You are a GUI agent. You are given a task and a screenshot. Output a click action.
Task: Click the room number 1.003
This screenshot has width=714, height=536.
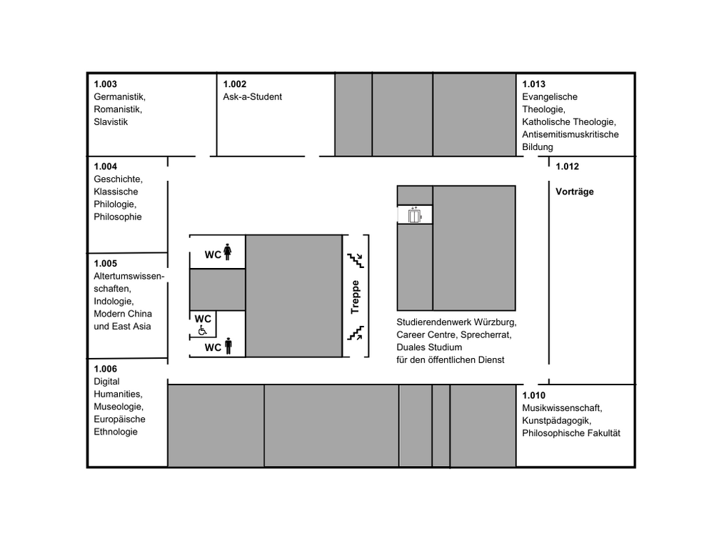point(105,84)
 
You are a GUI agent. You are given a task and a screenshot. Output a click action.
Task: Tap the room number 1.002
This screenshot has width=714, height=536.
point(234,84)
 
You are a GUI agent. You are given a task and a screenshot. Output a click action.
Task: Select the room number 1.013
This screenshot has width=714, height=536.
point(534,84)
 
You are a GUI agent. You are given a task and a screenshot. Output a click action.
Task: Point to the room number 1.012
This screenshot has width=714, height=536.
point(568,167)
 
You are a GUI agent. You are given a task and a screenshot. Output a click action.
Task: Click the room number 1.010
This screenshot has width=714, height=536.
point(534,396)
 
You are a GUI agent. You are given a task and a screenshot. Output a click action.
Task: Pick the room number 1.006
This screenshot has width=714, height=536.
point(105,369)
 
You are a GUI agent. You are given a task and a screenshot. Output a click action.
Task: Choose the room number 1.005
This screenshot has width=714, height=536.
point(105,263)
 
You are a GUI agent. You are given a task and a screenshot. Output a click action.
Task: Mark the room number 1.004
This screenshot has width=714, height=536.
point(105,167)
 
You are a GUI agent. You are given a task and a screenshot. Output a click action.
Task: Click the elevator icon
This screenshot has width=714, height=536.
point(414,214)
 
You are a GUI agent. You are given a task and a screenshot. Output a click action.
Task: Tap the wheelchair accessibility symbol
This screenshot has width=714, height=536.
point(202,330)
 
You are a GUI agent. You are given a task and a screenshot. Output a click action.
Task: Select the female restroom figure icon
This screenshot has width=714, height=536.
point(228,253)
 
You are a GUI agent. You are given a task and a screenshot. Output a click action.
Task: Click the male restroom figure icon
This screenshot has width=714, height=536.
point(228,347)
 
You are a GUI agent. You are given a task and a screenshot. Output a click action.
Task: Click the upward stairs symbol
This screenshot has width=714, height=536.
point(355,332)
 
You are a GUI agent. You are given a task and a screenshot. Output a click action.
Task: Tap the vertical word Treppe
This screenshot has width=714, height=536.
point(355,297)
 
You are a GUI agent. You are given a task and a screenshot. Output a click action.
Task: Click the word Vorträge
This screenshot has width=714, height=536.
point(575,192)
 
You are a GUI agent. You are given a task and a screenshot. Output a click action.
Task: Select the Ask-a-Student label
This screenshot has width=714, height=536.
point(252,96)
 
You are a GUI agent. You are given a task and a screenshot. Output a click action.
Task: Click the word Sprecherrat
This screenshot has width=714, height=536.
point(486,334)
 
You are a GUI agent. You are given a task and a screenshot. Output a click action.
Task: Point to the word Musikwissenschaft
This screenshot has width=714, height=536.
point(562,408)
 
